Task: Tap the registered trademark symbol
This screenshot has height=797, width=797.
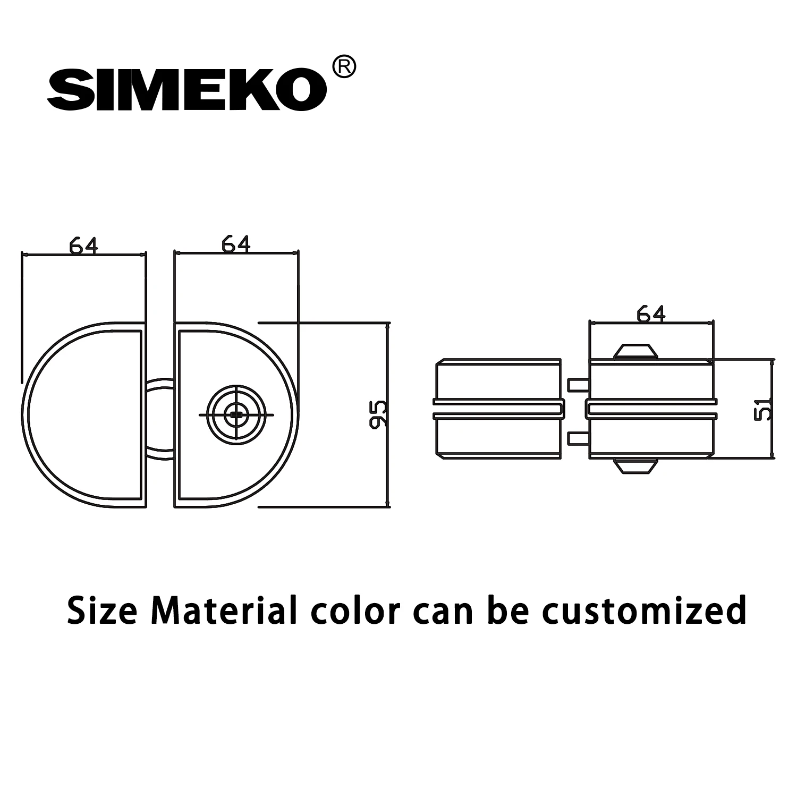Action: tap(343, 67)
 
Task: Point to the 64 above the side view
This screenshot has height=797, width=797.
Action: tap(651, 313)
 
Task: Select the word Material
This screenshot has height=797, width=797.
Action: tap(223, 611)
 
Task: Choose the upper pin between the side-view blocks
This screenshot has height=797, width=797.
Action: tap(578, 384)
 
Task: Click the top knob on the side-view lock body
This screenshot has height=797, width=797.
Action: tap(635, 351)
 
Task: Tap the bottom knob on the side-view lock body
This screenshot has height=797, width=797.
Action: tap(635, 466)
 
